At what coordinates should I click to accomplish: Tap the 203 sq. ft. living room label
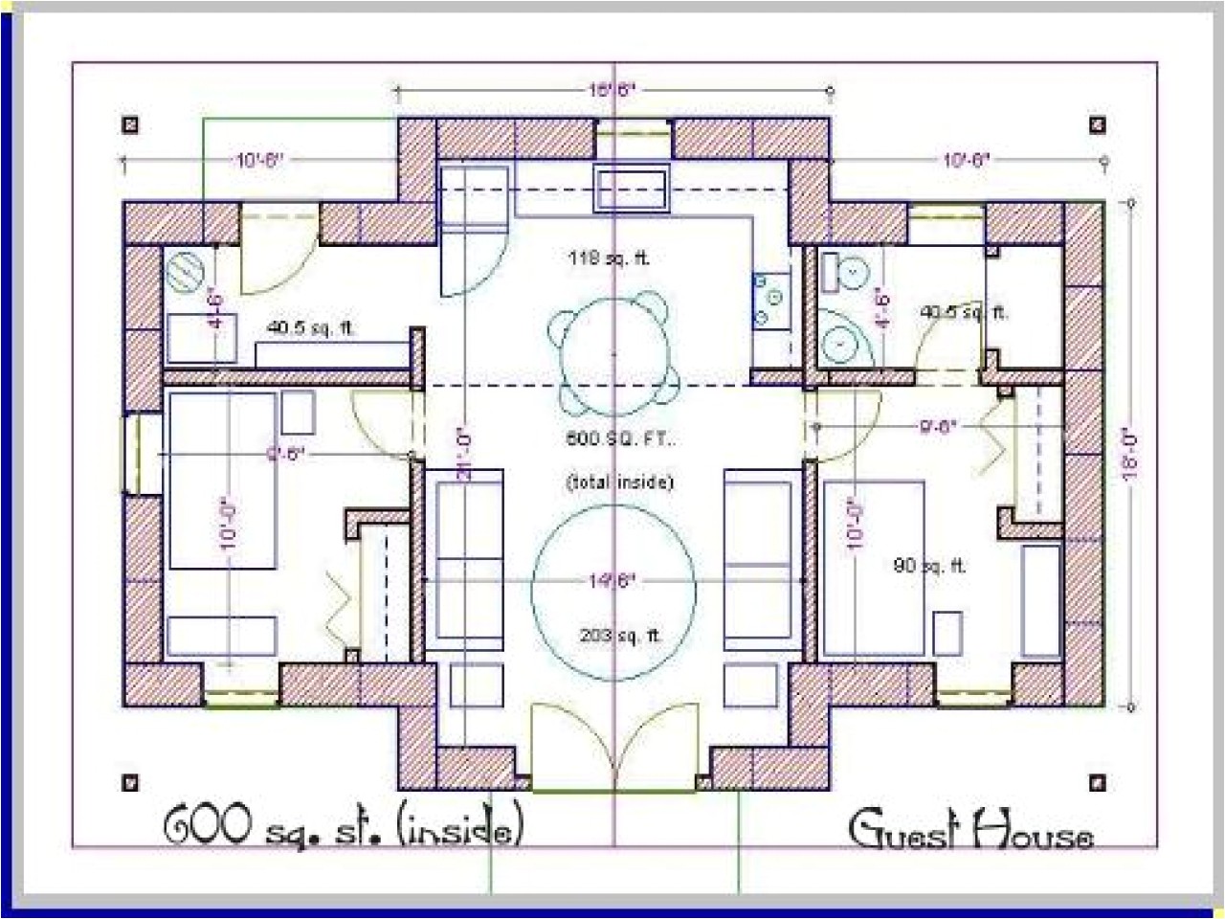pos(621,636)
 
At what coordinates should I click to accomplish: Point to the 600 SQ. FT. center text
pos(620,440)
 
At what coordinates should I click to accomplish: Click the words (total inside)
pos(619,482)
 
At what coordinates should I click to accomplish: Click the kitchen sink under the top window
pos(630,190)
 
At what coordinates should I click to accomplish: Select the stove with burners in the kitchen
pos(771,300)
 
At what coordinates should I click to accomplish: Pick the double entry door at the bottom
pos(613,748)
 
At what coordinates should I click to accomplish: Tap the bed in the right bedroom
pos(872,569)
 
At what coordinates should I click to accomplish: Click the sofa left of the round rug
pos(463,560)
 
